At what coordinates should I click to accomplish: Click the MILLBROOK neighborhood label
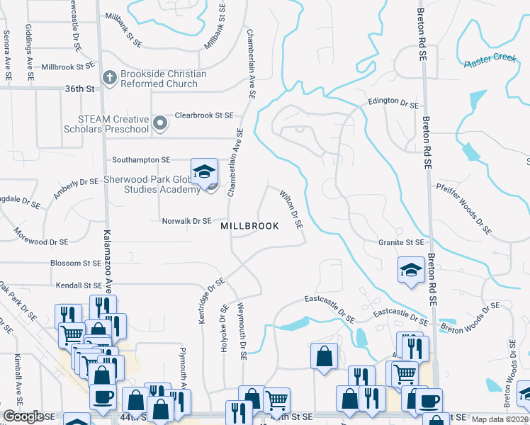coord(249,225)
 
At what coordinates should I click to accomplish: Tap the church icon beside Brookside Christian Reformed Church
coord(110,77)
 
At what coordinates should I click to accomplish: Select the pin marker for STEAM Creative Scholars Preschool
coord(161,123)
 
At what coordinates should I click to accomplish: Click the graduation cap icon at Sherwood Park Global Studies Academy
coord(204,172)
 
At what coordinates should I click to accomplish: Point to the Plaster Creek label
coord(491,59)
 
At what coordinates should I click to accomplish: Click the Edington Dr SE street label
coord(393,103)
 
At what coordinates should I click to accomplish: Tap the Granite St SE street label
coord(400,242)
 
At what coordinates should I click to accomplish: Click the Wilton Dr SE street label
coord(291,208)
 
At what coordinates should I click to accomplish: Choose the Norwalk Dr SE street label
coord(187,221)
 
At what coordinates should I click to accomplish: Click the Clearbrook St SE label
coord(204,115)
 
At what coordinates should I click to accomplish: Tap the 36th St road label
coord(79,89)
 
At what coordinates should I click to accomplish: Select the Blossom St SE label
coord(75,263)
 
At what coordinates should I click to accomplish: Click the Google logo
coord(23,416)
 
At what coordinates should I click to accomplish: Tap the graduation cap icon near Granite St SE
coord(411,271)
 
